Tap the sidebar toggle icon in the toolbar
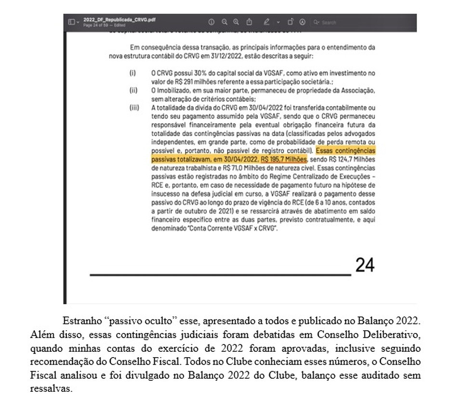point(71,22)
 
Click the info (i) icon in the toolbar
point(211,22)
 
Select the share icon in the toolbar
point(249,22)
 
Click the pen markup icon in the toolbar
point(266,22)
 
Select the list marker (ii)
point(133,90)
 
